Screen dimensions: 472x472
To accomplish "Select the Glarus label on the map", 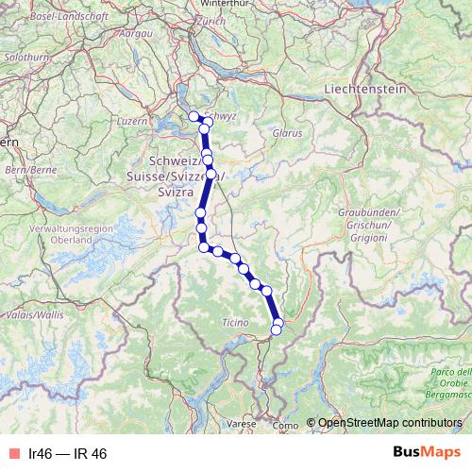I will pos(286,133).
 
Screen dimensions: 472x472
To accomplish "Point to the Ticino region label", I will pos(235,322).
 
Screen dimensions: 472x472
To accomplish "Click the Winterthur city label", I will pos(225,4).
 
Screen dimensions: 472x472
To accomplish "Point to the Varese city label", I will pos(240,425).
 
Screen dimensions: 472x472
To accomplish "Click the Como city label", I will pos(283,426).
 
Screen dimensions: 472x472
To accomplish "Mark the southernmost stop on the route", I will pos(277,329).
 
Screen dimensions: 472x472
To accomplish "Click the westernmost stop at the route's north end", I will pos(194,116).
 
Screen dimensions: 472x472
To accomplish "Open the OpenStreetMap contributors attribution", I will pos(390,422).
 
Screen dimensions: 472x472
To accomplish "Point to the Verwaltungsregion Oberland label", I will pos(71,235).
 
